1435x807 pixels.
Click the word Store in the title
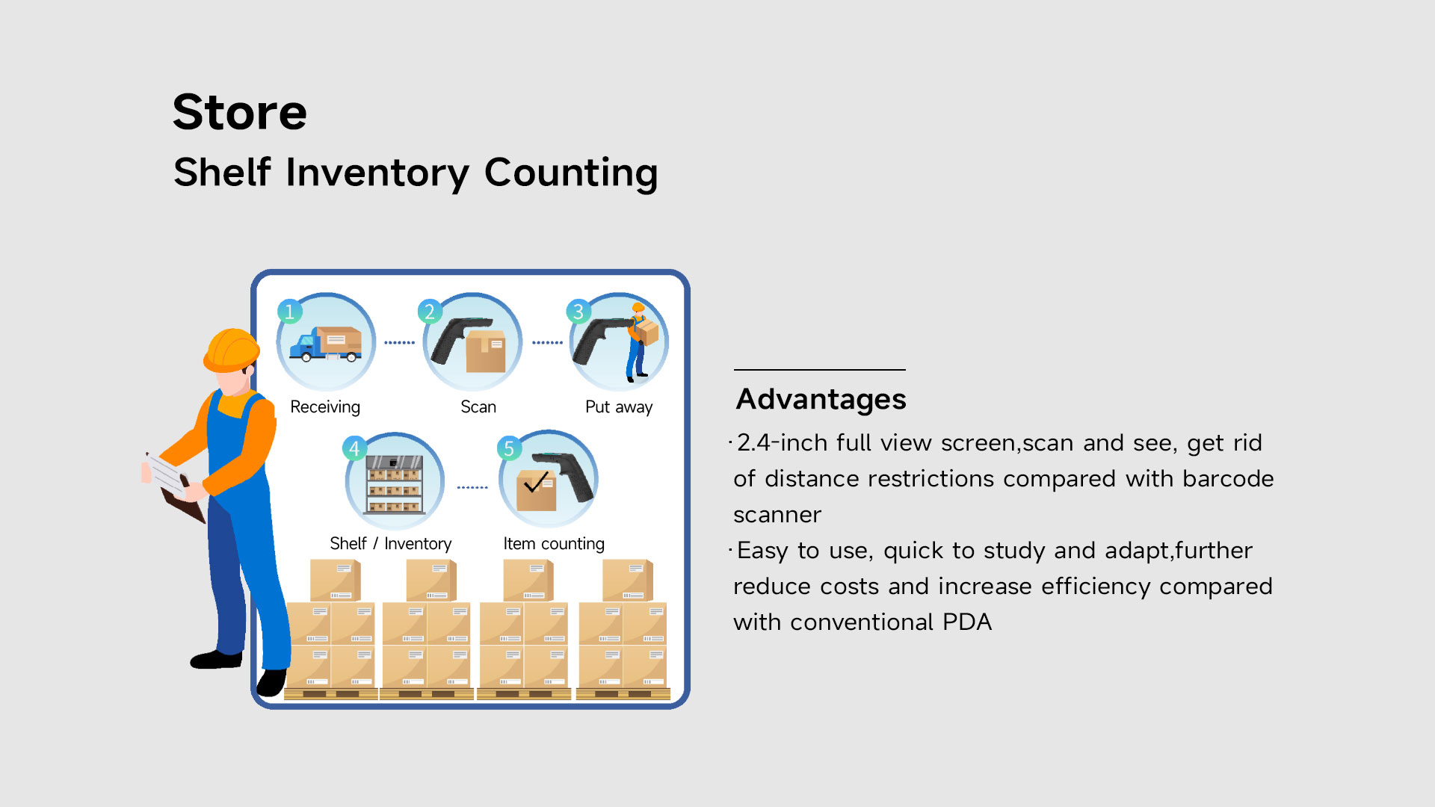click(x=240, y=112)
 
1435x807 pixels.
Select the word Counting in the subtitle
click(x=571, y=173)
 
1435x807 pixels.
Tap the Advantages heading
click(x=821, y=400)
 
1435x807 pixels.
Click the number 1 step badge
click(x=289, y=311)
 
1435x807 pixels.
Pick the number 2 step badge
click(x=430, y=311)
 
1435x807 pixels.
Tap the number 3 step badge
click(x=578, y=311)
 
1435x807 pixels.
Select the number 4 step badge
click(x=354, y=448)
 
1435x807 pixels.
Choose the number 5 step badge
click(x=509, y=448)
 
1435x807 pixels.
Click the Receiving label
click(x=325, y=407)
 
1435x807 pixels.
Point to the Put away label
click(x=619, y=407)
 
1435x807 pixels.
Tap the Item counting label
click(x=554, y=544)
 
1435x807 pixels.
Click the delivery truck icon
click(x=326, y=344)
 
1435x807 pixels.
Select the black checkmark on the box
click(x=537, y=482)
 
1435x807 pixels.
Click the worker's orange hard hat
click(x=231, y=350)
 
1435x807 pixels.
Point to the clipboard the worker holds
click(x=174, y=486)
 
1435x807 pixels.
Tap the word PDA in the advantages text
click(x=967, y=622)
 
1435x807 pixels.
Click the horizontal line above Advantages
click(x=820, y=370)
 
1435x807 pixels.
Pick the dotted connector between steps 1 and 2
click(x=399, y=343)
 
